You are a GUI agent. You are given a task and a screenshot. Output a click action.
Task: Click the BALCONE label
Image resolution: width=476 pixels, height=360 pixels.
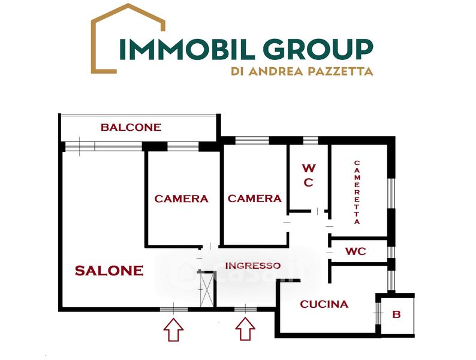131,127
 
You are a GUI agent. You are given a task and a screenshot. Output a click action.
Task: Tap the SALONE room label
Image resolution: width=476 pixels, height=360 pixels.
109,271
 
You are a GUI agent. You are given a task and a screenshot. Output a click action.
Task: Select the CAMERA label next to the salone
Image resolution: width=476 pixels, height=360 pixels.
181,199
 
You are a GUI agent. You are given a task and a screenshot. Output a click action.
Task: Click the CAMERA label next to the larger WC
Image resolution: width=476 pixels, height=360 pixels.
254,199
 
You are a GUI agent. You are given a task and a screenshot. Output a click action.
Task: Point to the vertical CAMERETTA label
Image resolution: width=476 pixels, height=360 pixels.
357,192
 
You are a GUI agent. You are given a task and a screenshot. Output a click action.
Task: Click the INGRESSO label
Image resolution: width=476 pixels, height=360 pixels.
252,266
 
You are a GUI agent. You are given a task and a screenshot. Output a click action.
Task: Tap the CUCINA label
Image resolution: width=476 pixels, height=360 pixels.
324,304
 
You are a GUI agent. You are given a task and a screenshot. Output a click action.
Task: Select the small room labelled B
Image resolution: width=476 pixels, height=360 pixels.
396,313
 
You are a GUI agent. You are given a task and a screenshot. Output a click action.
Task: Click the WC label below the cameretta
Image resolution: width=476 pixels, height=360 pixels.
356,251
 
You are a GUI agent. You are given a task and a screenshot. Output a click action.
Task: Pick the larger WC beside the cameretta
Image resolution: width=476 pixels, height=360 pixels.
308,175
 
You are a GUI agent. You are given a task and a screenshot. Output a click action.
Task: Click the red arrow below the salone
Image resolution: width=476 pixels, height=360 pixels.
173,329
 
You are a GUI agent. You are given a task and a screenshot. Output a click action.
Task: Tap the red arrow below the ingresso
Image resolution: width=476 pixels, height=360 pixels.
244,329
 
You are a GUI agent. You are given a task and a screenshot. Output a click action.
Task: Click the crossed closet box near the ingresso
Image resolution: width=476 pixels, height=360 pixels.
207,289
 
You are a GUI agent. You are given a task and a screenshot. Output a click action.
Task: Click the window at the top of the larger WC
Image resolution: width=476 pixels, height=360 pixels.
310,140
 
